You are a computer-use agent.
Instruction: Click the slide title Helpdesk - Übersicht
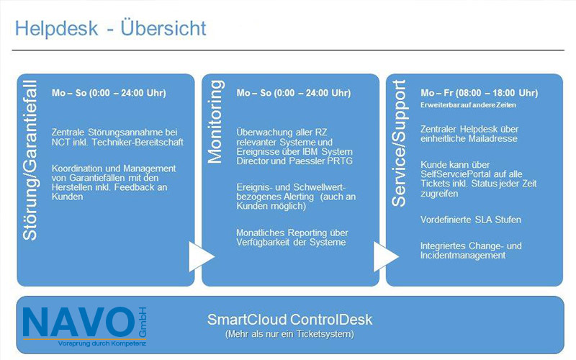click(111, 28)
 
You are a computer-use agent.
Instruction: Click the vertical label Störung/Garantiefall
click(30, 160)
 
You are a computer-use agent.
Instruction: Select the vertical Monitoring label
click(215, 122)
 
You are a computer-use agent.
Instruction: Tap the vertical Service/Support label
click(400, 143)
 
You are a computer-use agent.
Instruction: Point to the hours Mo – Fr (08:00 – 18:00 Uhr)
click(480, 93)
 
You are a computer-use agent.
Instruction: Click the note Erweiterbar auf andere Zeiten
click(469, 105)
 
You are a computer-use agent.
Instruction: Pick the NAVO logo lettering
click(79, 322)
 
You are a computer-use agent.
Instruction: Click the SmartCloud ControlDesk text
click(289, 319)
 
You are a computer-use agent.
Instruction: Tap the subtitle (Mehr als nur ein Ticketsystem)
click(289, 334)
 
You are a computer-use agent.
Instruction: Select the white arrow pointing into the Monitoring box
click(202, 256)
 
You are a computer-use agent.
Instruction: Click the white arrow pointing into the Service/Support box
click(386, 256)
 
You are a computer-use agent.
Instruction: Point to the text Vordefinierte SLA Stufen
click(471, 220)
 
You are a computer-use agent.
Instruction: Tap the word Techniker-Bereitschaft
click(138, 142)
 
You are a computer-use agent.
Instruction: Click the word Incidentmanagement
click(463, 256)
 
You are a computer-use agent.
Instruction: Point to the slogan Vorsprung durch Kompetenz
click(102, 344)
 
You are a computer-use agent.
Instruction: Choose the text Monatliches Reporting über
click(292, 233)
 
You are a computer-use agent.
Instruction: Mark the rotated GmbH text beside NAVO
click(142, 322)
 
